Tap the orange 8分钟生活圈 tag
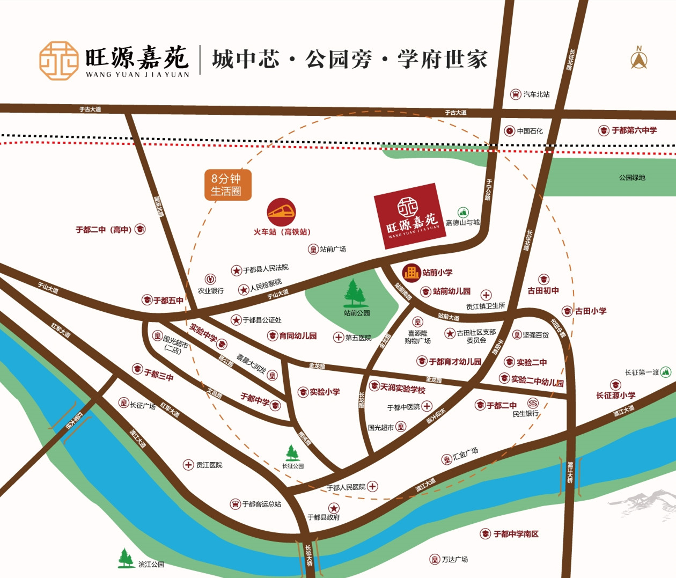tap(227, 185)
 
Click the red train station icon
tap(281, 213)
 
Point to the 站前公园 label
tap(357, 313)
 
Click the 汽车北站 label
tap(536, 94)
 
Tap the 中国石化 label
tap(530, 131)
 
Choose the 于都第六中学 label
tap(634, 130)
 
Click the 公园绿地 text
tap(632, 178)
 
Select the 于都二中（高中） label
tap(104, 230)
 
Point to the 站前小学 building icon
tap(411, 273)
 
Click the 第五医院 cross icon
tap(339, 338)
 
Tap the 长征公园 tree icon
tap(292, 452)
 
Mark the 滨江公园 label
tap(151, 565)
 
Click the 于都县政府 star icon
tap(334, 508)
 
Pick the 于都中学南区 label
tap(516, 534)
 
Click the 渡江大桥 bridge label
tap(570, 472)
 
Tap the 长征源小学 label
tap(615, 396)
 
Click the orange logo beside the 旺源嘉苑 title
tap(59, 60)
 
